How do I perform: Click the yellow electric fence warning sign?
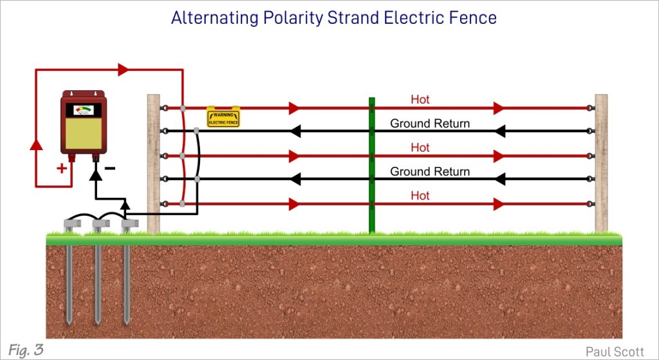point(223,116)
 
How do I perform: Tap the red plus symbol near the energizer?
point(62,169)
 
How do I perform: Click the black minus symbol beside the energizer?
point(110,169)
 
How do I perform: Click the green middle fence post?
point(371,164)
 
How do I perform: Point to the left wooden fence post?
point(153,164)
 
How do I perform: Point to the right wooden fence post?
point(601,164)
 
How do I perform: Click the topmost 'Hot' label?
point(420,100)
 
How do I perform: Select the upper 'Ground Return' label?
point(430,124)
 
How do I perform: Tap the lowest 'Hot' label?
point(420,196)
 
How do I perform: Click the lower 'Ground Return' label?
point(430,172)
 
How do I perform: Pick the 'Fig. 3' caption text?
point(26,350)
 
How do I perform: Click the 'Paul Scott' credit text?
point(616,351)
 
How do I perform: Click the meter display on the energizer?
point(84,110)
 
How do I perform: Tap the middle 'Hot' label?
point(420,147)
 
